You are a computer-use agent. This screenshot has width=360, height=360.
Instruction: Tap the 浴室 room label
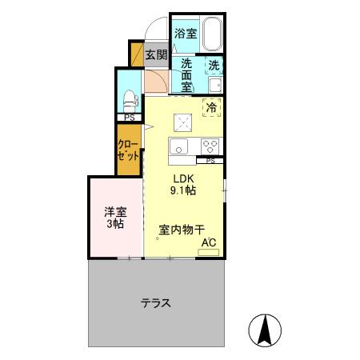point(186,34)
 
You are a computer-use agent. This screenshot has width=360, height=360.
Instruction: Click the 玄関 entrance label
point(156,55)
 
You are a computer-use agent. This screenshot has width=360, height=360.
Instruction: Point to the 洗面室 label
point(186,74)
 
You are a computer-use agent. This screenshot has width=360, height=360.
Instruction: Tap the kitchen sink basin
point(178,146)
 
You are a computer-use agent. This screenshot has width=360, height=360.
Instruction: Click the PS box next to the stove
point(210,160)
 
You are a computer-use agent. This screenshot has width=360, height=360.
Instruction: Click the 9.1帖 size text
point(184,190)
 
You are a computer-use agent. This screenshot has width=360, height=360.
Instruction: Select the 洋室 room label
point(115,212)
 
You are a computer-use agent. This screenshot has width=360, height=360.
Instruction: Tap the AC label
point(208,242)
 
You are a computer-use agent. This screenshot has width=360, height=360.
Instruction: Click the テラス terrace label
point(157,303)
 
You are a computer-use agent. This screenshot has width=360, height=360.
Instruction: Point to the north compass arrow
point(266,329)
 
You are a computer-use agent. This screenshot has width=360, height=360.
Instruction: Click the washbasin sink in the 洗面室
point(214,84)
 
